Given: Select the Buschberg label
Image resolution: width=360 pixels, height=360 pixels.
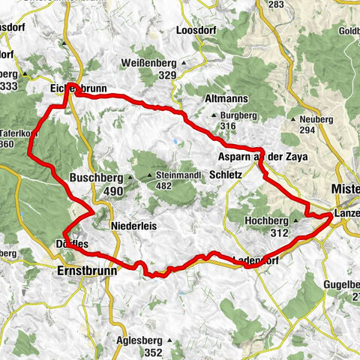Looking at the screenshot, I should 95,178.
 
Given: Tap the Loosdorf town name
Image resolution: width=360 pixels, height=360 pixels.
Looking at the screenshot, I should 195,31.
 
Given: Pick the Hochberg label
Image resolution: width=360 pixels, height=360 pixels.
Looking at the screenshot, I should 266,221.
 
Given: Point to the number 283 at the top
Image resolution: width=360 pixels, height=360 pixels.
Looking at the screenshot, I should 276,4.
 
